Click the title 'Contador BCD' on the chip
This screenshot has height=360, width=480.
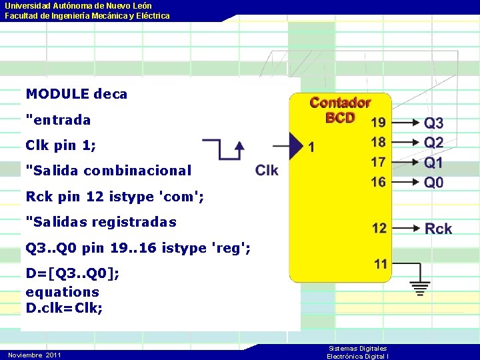click(340, 110)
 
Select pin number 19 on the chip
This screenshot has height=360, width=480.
click(378, 123)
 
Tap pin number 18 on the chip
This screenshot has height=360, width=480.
click(378, 142)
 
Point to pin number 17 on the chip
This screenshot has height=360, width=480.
click(378, 162)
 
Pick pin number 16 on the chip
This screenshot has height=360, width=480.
click(378, 181)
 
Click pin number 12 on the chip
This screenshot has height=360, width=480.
click(379, 229)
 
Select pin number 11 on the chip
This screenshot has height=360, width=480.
click(381, 264)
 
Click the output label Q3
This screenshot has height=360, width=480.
click(434, 123)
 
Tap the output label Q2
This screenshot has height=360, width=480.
click(434, 143)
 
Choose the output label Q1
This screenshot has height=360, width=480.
click(434, 163)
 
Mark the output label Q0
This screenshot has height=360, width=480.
click(434, 182)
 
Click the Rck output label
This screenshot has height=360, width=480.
click(438, 229)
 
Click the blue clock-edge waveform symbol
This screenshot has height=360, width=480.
click(223, 149)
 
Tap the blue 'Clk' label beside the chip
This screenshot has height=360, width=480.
click(267, 171)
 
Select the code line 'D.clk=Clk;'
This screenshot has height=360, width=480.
click(64, 309)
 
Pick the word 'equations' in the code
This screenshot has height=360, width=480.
click(62, 292)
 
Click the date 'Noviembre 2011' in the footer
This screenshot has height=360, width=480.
click(35, 355)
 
